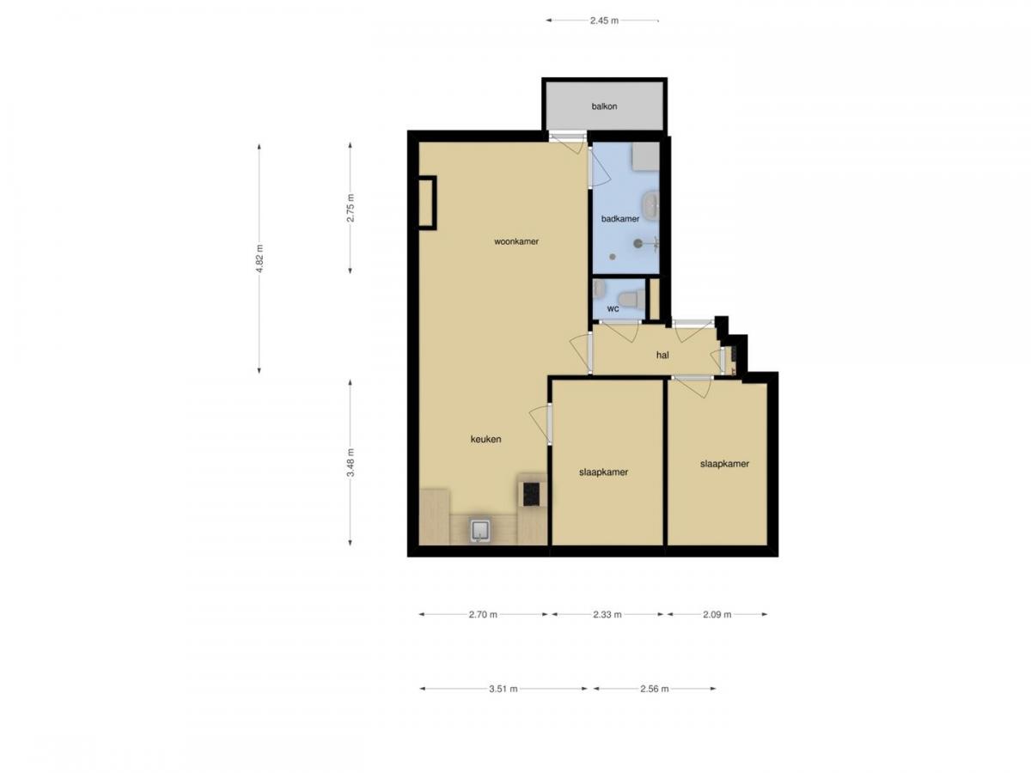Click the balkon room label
click(x=604, y=107)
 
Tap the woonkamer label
click(x=516, y=241)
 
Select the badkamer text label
click(x=620, y=219)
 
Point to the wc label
click(x=613, y=308)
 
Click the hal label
click(x=662, y=354)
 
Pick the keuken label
click(x=485, y=439)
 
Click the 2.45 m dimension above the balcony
click(x=604, y=21)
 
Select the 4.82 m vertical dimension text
click(x=259, y=259)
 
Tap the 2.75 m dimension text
click(x=350, y=208)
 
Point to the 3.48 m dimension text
click(x=350, y=463)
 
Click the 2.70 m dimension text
click(x=483, y=614)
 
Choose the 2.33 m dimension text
click(x=607, y=614)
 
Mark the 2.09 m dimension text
click(x=717, y=614)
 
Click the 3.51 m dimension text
click(x=504, y=688)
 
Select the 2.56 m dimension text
click(x=654, y=688)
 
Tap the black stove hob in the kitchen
click(x=531, y=493)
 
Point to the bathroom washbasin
click(x=654, y=206)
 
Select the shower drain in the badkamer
click(x=638, y=243)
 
